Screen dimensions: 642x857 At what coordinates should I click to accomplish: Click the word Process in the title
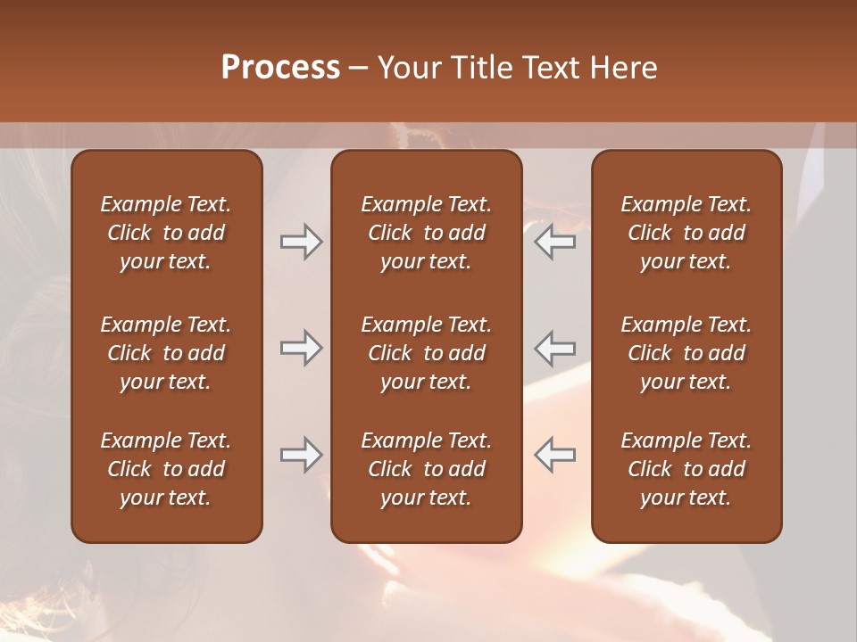click(280, 68)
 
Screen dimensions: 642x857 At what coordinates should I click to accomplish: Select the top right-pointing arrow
click(302, 242)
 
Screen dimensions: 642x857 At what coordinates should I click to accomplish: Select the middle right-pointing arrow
click(302, 348)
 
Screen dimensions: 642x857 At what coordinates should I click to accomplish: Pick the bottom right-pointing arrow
click(302, 455)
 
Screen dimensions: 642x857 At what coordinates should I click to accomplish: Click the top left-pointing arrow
click(554, 242)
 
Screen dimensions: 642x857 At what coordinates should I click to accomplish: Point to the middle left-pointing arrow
click(554, 348)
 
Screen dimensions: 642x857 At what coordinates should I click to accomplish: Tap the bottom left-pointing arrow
click(554, 455)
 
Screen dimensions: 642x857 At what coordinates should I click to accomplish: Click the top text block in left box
click(166, 233)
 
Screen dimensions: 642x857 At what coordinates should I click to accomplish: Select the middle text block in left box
click(166, 353)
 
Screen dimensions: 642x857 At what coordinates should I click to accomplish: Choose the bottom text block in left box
click(166, 469)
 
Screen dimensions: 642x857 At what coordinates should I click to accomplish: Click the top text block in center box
click(426, 233)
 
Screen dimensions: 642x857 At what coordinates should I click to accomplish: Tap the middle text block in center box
click(426, 353)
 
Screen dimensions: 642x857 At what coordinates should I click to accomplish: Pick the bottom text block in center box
click(426, 469)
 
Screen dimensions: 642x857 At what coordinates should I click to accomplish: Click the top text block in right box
click(686, 233)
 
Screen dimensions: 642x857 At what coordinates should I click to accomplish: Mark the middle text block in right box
click(686, 353)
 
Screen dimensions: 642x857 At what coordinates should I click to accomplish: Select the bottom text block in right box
click(686, 469)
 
